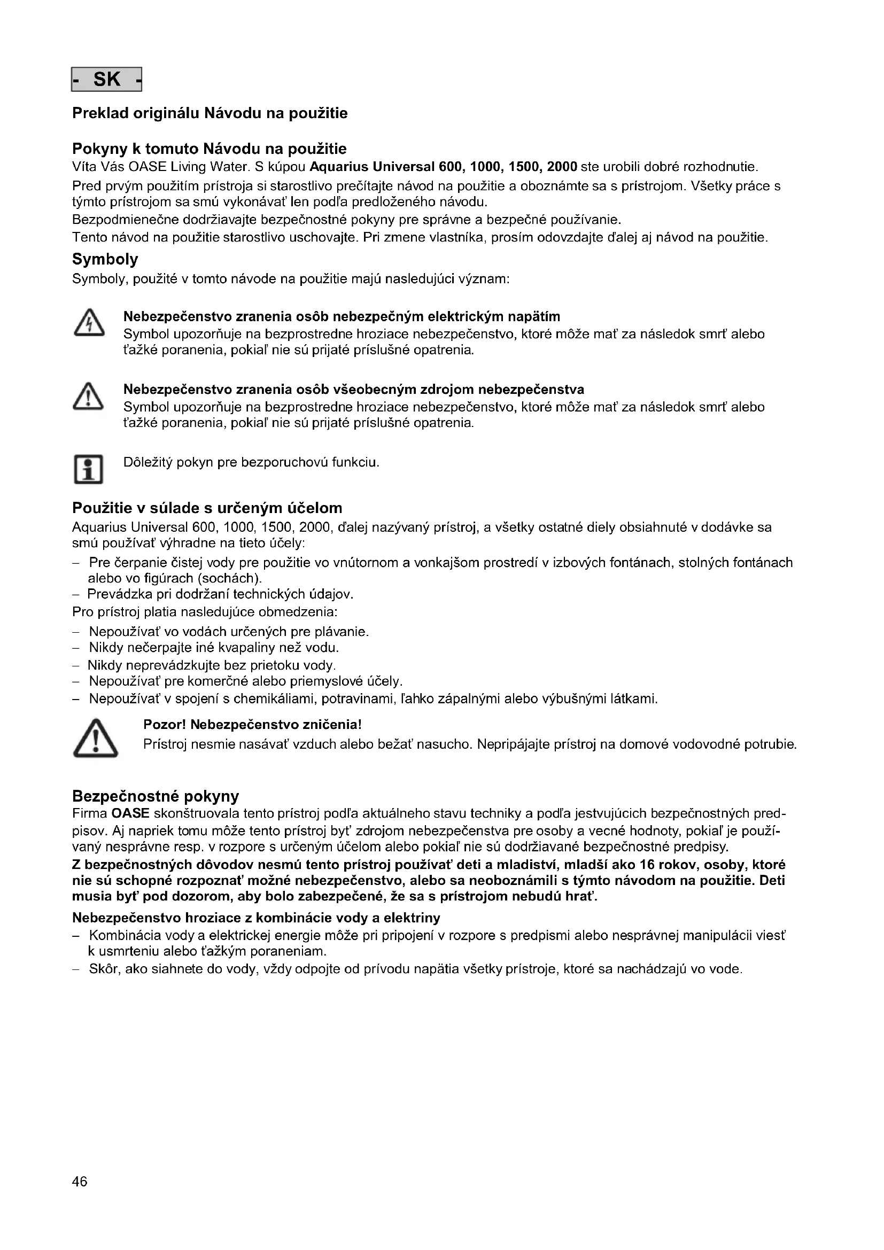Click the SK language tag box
107,80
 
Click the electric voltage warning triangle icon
88,323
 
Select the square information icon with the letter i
88,469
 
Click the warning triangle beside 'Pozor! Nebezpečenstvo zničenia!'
95,738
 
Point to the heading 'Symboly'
105,259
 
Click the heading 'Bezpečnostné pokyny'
156,796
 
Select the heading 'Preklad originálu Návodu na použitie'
210,113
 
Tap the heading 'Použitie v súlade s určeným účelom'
207,508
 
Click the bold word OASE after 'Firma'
130,813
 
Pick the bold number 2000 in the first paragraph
562,167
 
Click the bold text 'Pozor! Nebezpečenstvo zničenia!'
252,725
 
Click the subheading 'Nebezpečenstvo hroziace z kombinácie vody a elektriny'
256,918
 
